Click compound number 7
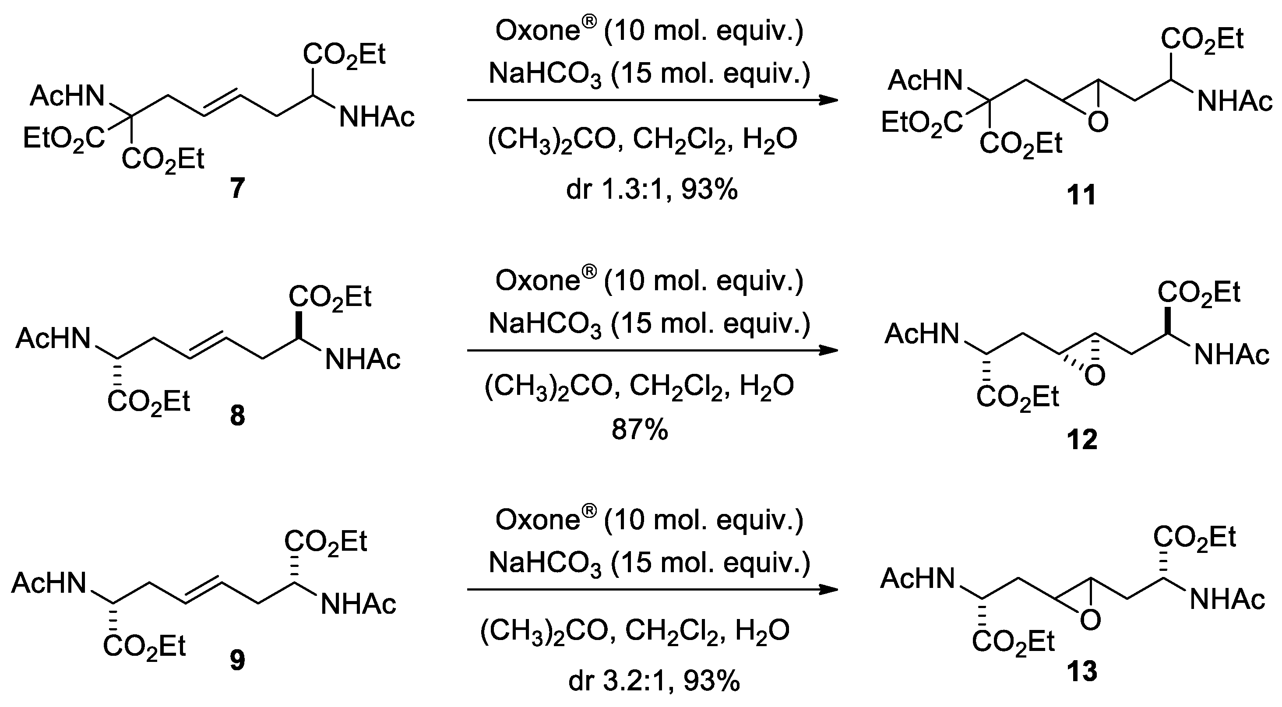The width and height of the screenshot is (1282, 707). coord(237,189)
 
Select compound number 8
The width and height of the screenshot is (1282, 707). coord(237,416)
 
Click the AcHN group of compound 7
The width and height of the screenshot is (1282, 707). coord(67,96)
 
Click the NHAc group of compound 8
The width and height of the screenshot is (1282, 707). coord(362,359)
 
